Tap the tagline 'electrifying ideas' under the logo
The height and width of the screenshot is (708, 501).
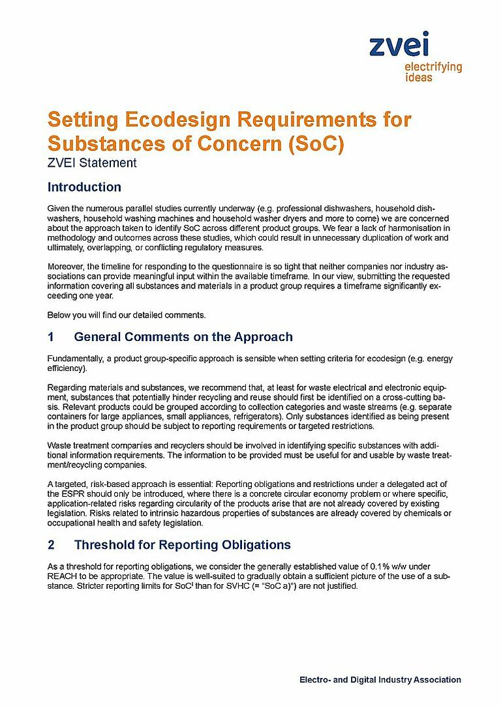coord(433,72)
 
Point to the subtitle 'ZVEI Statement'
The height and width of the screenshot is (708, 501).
coord(92,163)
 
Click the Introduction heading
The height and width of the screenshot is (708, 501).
coord(84,188)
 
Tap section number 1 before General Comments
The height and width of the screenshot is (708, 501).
coord(51,337)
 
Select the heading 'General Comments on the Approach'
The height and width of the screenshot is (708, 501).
coord(183,337)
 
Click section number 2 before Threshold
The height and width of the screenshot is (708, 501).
coord(51,544)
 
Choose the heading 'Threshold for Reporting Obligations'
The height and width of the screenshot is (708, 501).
coord(183,544)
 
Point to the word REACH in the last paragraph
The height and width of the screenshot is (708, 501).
coord(64,576)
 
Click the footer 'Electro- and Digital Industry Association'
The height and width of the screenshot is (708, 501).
coord(380,680)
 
